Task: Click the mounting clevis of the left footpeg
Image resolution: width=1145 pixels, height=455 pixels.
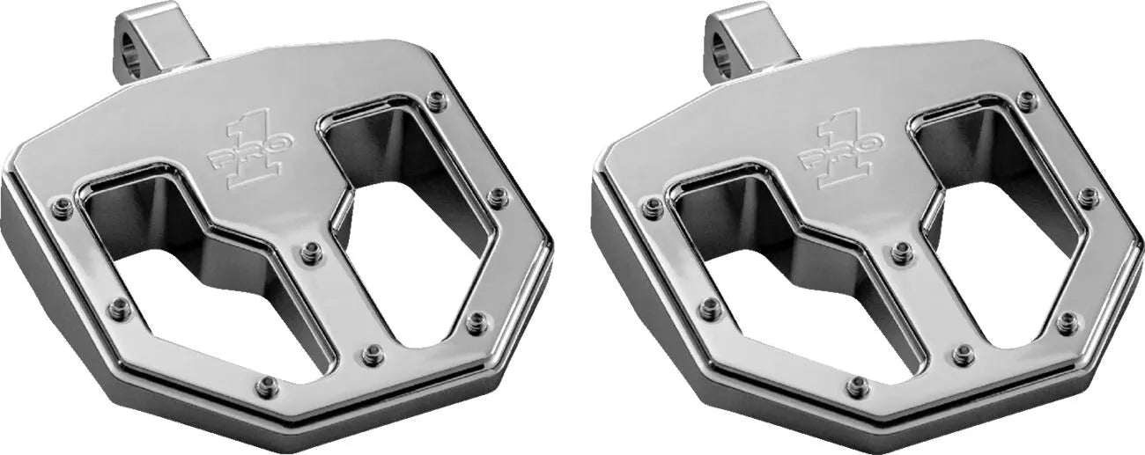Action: (x=157, y=40)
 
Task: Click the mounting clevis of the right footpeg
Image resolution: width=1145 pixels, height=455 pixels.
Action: (x=748, y=40)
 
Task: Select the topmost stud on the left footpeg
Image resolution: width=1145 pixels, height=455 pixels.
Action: (x=435, y=100)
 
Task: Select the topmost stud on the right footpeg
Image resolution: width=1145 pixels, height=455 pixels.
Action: (x=1026, y=100)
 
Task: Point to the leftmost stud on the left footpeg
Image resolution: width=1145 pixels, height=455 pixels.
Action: (x=61, y=208)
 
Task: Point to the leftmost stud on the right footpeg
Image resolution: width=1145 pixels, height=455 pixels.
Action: (x=652, y=208)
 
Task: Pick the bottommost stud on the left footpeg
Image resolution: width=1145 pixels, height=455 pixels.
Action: (x=266, y=385)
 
